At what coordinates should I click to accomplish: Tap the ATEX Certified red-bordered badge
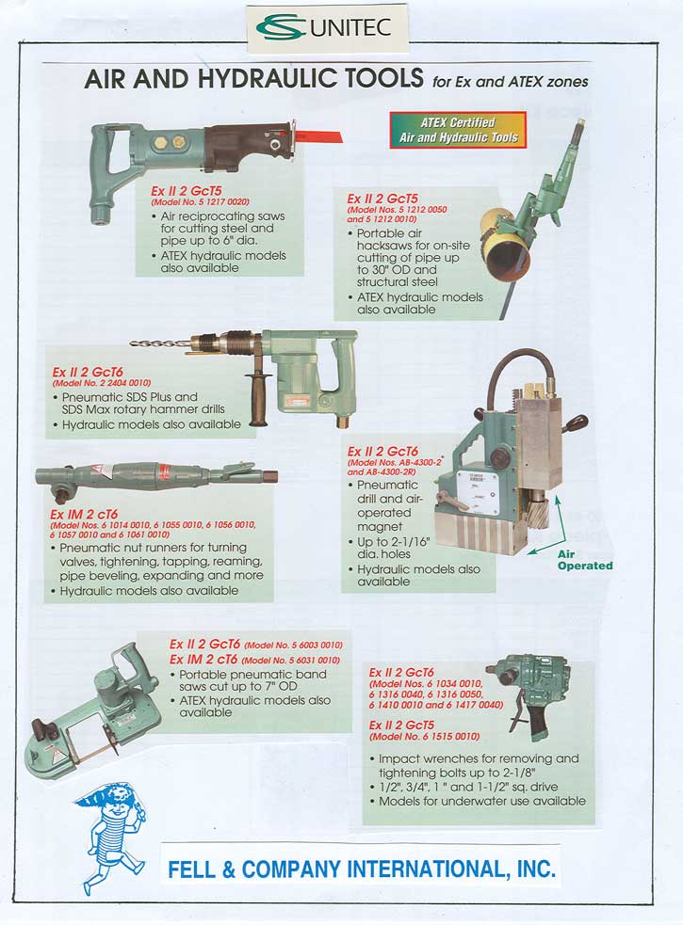[x=458, y=131]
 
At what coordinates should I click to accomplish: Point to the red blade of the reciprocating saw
[x=317, y=136]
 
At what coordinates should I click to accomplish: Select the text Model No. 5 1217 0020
[x=201, y=201]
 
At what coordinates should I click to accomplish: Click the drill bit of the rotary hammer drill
[x=161, y=343]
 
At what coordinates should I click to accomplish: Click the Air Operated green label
[x=585, y=560]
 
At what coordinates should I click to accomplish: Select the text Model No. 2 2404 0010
[x=102, y=383]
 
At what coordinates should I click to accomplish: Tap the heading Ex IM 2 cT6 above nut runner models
[x=83, y=515]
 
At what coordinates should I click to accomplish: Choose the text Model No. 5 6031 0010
[x=291, y=661]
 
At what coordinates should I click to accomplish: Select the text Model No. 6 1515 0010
[x=424, y=736]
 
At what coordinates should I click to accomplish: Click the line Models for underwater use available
[x=482, y=801]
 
